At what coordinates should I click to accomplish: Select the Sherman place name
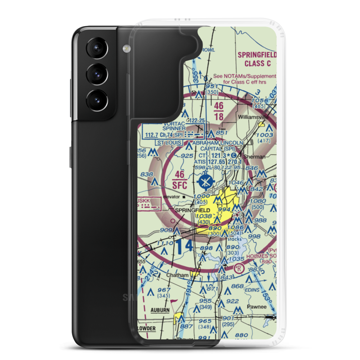tap(254, 157)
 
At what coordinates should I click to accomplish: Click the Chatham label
tap(177, 275)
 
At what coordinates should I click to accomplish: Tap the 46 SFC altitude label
tap(180, 180)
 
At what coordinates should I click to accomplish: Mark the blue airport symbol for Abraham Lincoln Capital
tap(206, 181)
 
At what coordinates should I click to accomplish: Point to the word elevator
tap(171, 197)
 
